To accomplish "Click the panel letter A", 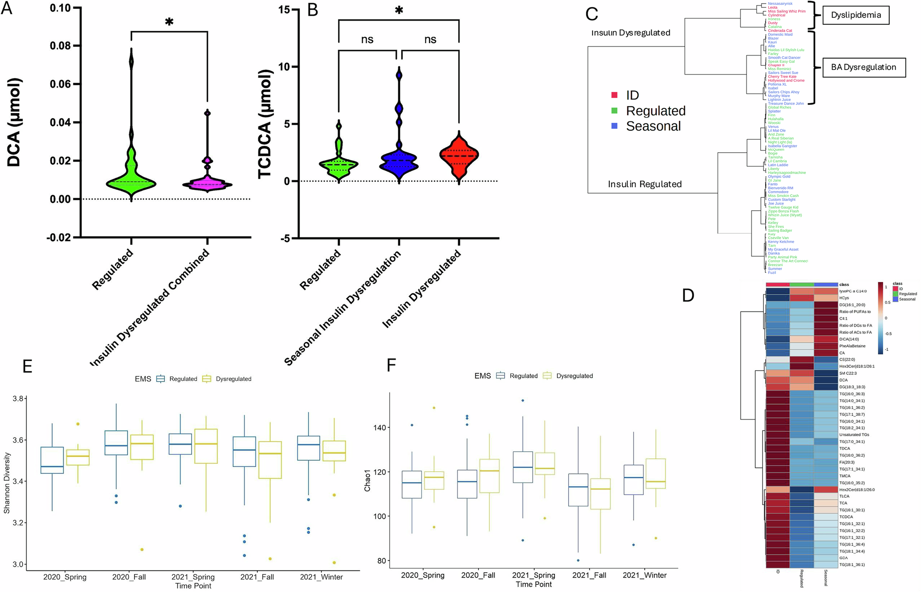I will point(6,8).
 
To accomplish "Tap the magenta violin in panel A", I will point(207,184).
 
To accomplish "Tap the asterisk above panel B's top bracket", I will point(399,11).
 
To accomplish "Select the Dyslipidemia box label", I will point(856,15).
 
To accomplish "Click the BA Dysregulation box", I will point(863,67).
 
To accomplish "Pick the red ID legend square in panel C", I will point(614,95).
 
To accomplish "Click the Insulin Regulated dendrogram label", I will point(644,184).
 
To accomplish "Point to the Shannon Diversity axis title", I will point(7,483).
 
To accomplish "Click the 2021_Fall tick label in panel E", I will point(257,577).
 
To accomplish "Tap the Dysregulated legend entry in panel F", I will point(574,376).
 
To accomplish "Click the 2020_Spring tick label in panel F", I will point(422,575).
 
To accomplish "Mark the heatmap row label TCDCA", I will point(846,517).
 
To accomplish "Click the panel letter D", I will point(688,295).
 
